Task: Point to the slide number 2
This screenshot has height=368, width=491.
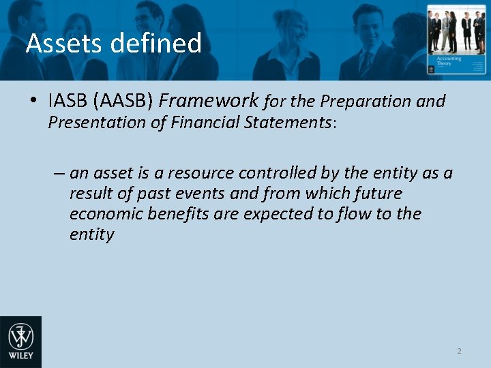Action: (459, 351)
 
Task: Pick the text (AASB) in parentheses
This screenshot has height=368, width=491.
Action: (124, 102)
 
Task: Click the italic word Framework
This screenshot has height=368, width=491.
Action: (209, 102)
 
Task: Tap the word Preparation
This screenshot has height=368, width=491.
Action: (366, 102)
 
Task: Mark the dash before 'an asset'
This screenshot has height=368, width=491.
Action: (59, 173)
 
